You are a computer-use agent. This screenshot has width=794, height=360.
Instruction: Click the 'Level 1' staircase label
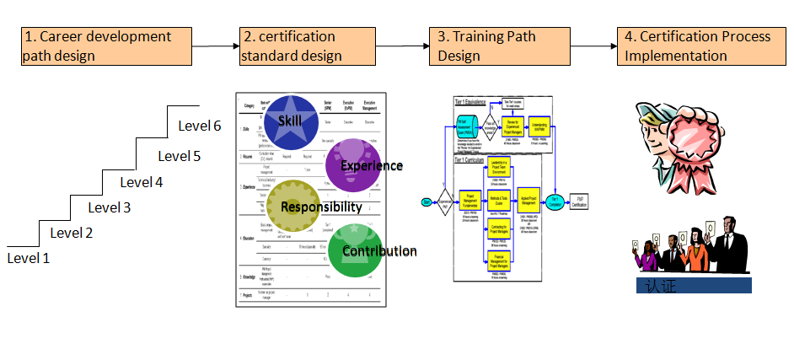point(29,258)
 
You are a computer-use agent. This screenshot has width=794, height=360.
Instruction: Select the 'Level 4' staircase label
point(141,182)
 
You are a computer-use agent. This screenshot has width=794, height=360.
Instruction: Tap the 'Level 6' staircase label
point(200,126)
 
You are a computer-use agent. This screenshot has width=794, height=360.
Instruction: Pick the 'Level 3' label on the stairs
point(110,208)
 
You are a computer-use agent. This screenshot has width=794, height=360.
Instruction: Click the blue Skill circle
point(290,123)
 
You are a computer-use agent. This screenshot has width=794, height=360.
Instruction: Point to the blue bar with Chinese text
point(693,286)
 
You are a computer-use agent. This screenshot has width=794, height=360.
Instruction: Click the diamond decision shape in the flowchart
point(444,201)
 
